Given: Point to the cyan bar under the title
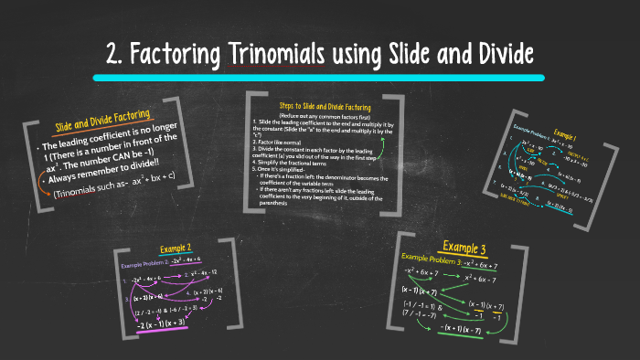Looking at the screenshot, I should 319,79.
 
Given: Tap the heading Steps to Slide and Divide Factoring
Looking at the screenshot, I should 324,107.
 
